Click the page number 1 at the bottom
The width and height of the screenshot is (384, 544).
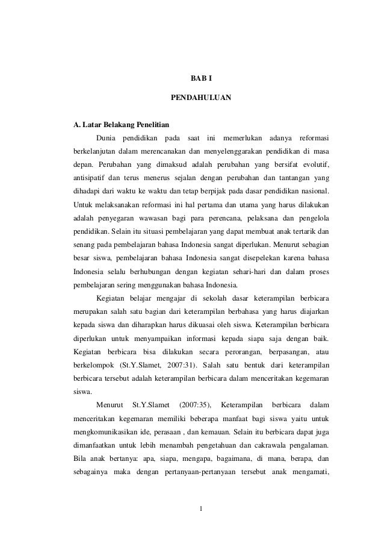(x=202, y=513)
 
